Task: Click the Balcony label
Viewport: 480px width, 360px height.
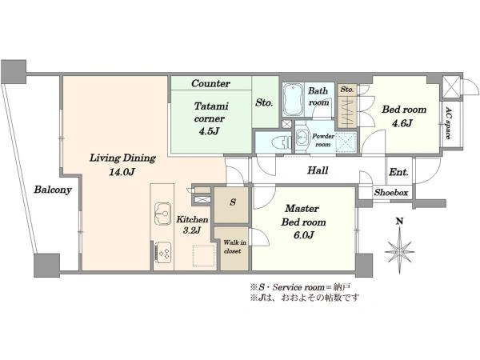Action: tap(53, 190)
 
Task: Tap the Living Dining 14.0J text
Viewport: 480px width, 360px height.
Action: tap(122, 165)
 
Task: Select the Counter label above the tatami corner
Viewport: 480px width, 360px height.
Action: tap(210, 83)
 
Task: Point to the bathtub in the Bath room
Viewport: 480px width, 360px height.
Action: tap(293, 99)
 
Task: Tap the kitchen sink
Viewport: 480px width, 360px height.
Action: tap(162, 214)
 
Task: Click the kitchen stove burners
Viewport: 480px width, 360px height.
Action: tap(163, 252)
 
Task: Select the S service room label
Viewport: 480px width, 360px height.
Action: tap(233, 202)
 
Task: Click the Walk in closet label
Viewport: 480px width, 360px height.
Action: tap(234, 246)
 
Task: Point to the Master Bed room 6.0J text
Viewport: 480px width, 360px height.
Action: tap(303, 222)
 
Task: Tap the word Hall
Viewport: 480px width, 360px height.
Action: tap(318, 170)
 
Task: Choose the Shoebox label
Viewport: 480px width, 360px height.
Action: tap(391, 193)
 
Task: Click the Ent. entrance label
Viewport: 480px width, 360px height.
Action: tap(398, 172)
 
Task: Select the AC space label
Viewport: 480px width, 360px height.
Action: tap(449, 122)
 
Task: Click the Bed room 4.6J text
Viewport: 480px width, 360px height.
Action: tap(404, 116)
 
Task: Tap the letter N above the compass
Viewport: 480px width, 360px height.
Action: tap(399, 221)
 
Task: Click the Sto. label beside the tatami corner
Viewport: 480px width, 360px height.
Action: tap(264, 102)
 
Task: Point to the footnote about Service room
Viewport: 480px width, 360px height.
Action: tap(300, 287)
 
